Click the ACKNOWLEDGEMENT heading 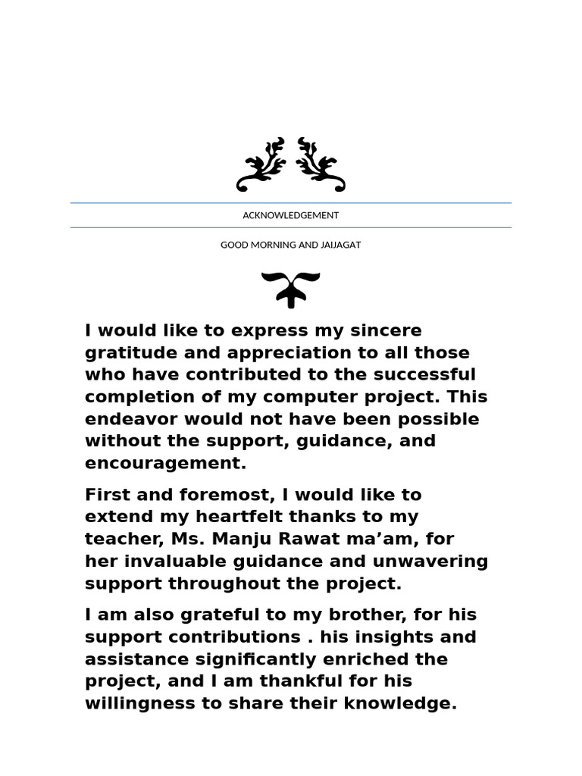click(x=290, y=215)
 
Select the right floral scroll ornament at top click(x=321, y=164)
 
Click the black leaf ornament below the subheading click(x=290, y=289)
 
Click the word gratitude click(x=130, y=353)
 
